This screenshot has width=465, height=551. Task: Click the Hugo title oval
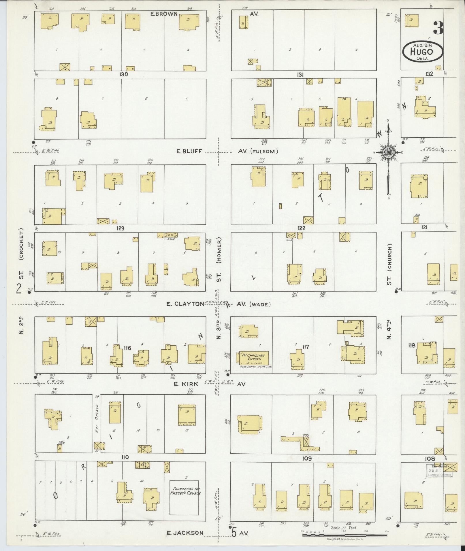click(x=423, y=51)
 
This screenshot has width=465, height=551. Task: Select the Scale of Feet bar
click(x=345, y=535)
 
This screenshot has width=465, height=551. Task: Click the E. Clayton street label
click(x=185, y=304)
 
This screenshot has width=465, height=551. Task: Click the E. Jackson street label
click(x=185, y=533)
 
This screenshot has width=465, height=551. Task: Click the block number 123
click(x=120, y=228)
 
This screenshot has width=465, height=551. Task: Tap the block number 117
click(x=306, y=347)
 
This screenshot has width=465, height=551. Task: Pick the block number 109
click(x=307, y=459)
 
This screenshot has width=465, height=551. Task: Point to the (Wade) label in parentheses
click(x=260, y=304)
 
